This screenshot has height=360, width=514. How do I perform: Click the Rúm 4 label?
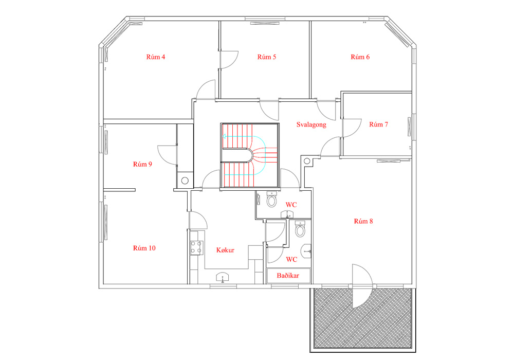coord(155,57)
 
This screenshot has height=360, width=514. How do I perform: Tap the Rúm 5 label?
coord(266,57)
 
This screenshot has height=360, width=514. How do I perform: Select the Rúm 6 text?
coord(360,57)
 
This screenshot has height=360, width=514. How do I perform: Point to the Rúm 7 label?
coord(378,124)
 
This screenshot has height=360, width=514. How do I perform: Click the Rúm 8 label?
coord(363,221)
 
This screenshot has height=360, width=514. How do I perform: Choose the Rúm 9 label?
coord(142,164)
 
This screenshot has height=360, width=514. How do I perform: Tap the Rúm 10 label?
coord(144,248)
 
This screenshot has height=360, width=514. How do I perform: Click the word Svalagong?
coord(311,124)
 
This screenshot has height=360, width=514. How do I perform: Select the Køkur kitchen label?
coord(225,250)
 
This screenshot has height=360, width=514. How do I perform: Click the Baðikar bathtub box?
coord(288,276)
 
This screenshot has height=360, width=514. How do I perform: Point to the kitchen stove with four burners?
coord(197,247)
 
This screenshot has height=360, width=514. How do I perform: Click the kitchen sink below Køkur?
coord(223,277)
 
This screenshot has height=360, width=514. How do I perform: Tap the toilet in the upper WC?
coord(272,200)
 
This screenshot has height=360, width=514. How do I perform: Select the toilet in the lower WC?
coord(300,229)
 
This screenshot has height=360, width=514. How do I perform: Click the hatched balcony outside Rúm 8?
coord(362,318)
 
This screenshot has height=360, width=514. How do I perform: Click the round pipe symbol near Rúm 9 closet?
coord(185,181)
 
